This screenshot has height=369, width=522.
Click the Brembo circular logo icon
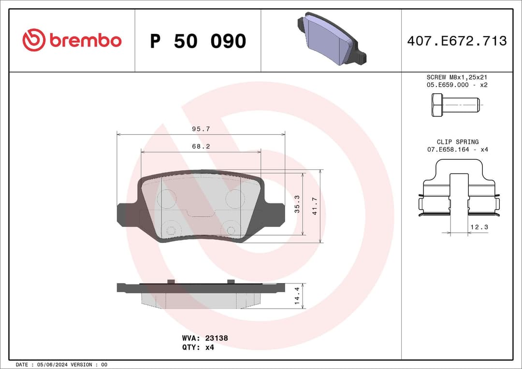coord(34,40)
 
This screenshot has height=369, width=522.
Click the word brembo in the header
coord(85,41)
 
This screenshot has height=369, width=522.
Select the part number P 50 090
coord(198,42)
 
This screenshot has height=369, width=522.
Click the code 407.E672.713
coord(457,41)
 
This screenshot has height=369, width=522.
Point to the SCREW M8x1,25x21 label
coord(456,77)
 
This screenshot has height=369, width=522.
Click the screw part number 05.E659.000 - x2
coord(456,85)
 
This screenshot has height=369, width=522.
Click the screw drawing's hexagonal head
coord(437,105)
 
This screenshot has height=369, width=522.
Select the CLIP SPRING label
coord(457,142)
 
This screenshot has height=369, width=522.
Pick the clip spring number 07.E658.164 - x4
coord(457,150)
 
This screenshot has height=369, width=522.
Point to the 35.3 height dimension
coord(298,204)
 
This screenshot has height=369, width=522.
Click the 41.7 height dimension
coord(315,206)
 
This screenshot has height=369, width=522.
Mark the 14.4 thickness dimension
coord(298,296)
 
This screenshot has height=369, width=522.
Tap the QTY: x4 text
coord(198,347)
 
